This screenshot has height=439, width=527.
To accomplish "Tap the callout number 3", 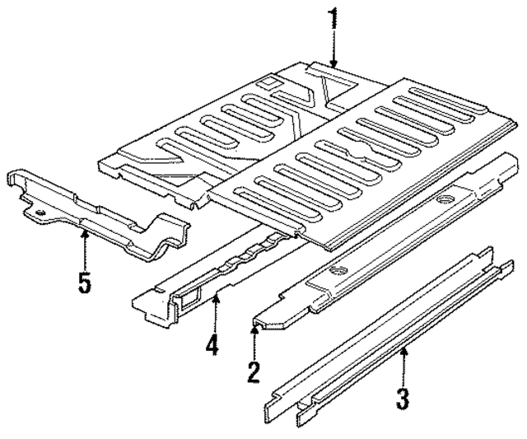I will [402, 399].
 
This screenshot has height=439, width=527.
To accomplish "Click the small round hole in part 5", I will [37, 212].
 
